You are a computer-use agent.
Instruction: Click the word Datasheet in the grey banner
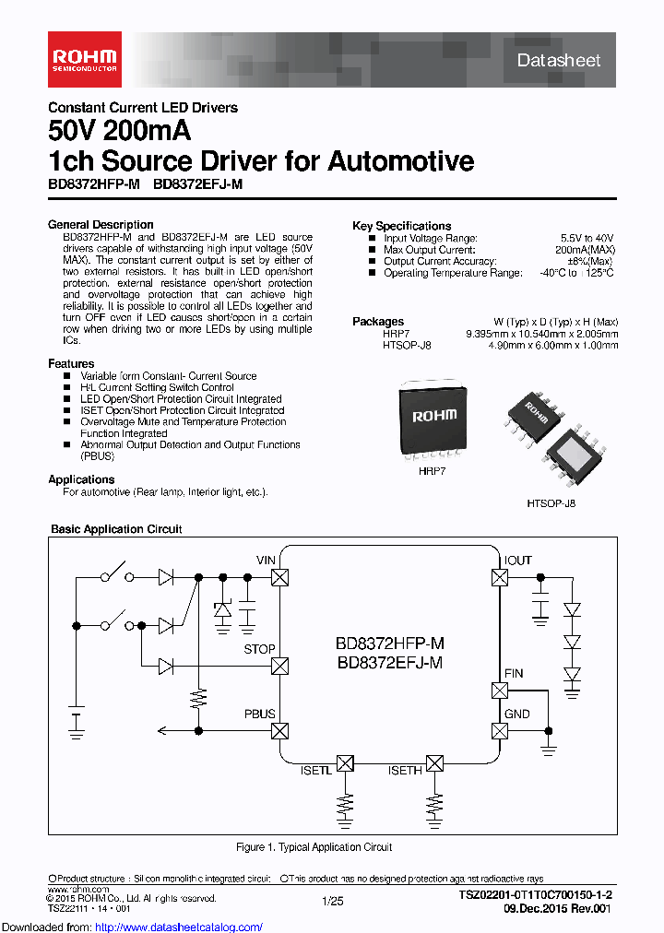click(558, 61)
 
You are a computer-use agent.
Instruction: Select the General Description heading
click(101, 225)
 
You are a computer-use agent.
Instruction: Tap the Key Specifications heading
click(401, 226)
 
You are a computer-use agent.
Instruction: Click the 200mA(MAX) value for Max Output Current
click(587, 250)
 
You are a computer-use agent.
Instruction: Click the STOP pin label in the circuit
click(259, 649)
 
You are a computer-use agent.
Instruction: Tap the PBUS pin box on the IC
click(280, 731)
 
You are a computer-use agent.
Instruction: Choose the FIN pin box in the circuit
click(500, 691)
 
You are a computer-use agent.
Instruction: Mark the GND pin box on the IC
click(500, 731)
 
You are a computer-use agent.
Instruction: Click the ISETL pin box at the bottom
click(345, 763)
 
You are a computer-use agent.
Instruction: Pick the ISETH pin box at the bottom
click(434, 763)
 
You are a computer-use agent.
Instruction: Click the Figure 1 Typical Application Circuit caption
click(314, 847)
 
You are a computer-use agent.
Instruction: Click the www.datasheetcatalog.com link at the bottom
click(132, 927)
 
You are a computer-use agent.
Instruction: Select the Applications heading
click(81, 479)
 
